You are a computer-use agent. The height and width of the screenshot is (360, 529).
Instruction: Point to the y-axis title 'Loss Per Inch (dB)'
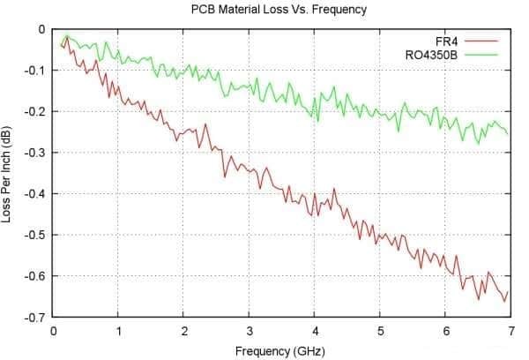pyautogui.click(x=8, y=173)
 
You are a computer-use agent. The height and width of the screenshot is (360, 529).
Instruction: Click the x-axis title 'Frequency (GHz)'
pyautogui.click(x=279, y=351)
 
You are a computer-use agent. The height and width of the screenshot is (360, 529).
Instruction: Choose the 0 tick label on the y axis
pyautogui.click(x=41, y=29)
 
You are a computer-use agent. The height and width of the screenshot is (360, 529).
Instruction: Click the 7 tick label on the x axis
pyautogui.click(x=510, y=332)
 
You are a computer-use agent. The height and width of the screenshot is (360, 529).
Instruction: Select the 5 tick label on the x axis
pyautogui.click(x=380, y=332)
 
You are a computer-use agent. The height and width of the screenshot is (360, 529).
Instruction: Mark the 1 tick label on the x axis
pyautogui.click(x=118, y=332)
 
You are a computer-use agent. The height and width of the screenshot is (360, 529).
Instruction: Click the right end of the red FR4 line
pyautogui.click(x=509, y=291)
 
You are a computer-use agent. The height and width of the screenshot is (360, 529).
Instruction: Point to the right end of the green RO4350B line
pyautogui.click(x=509, y=134)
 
